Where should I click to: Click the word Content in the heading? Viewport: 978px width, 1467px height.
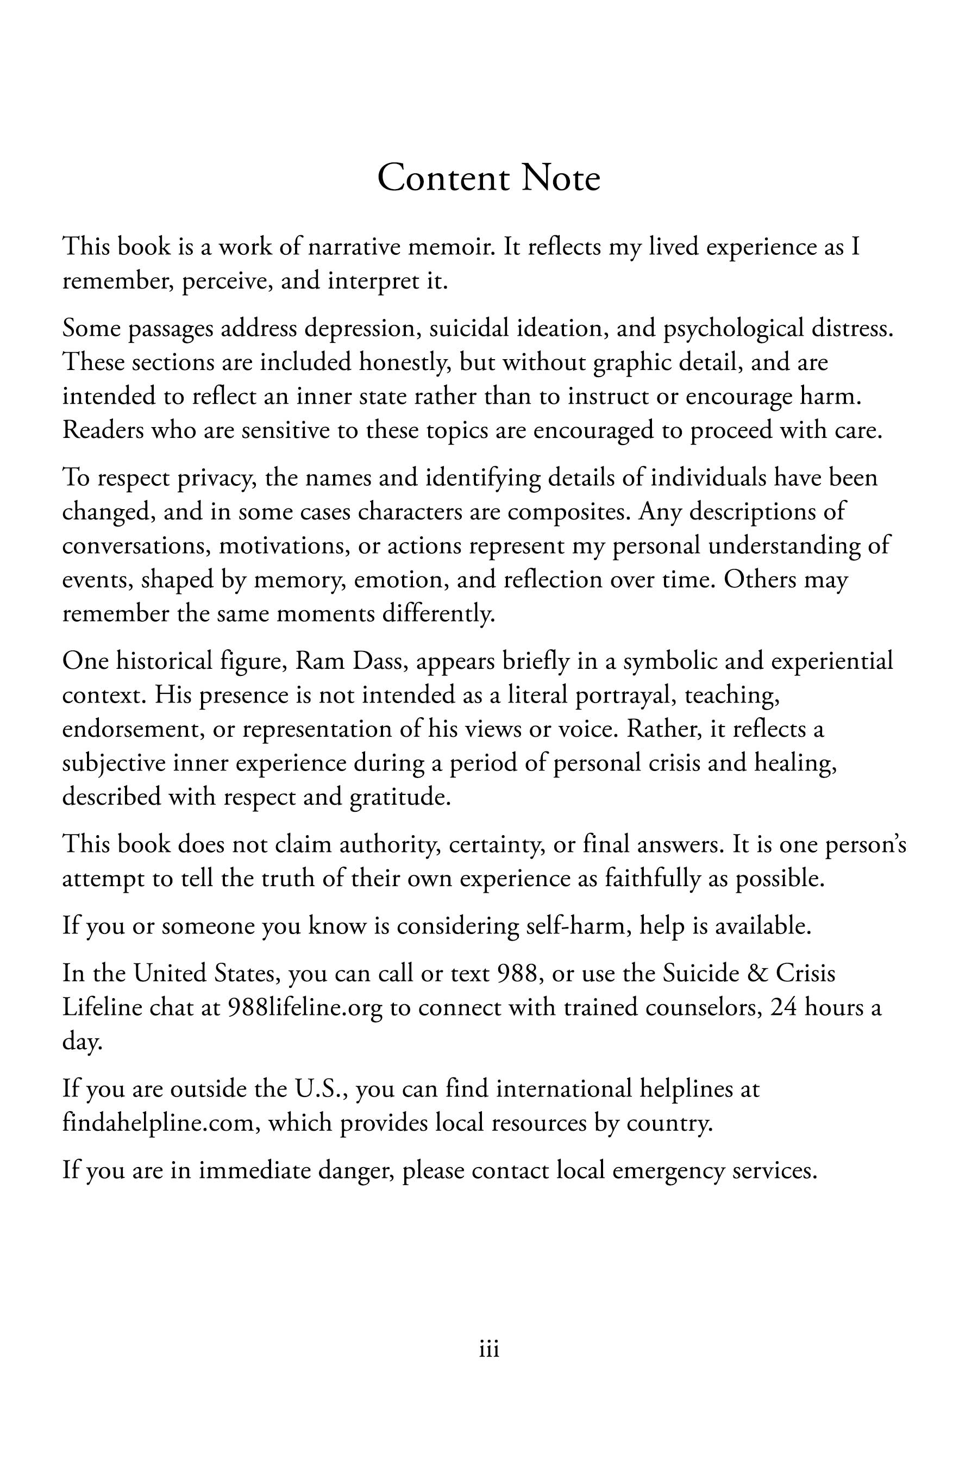tap(443, 178)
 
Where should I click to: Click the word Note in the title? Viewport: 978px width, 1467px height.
tap(560, 178)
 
